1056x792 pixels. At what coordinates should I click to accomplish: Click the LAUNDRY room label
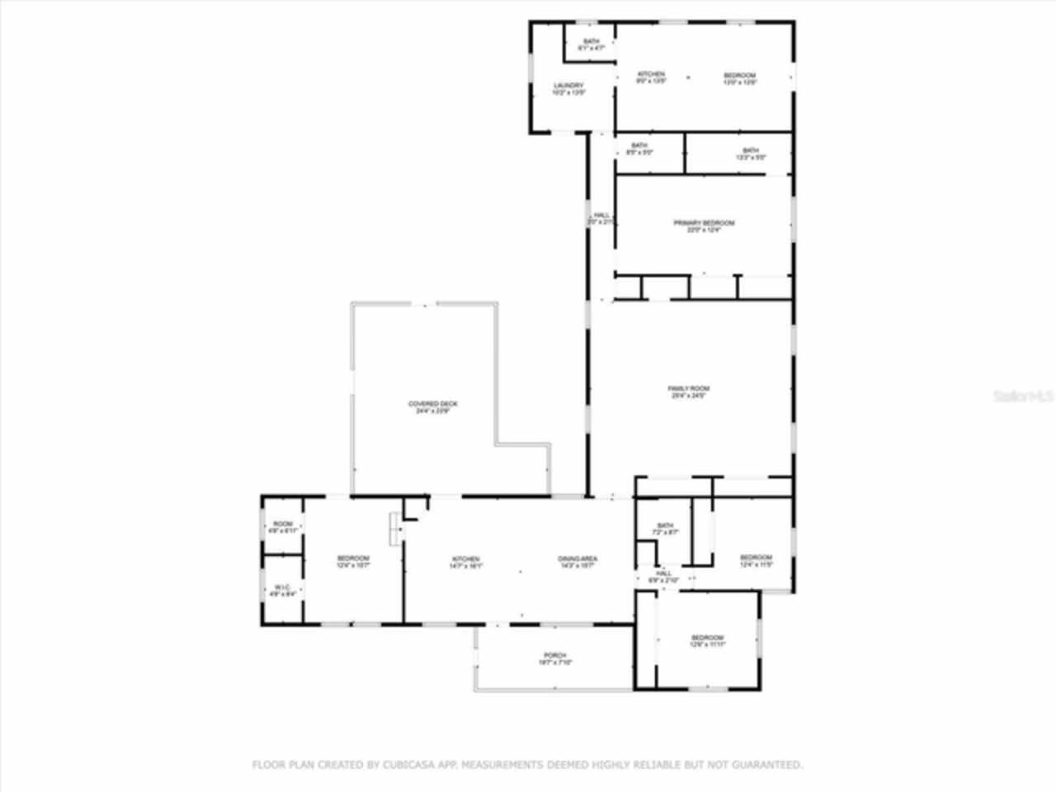point(568,86)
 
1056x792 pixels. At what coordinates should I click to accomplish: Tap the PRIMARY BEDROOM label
point(704,223)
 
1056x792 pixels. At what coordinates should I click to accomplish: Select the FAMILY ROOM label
point(688,389)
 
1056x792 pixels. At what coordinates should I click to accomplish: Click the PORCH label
point(554,655)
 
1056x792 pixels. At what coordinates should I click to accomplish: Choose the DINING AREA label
point(577,559)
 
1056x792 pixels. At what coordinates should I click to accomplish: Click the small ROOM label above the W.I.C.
point(283,524)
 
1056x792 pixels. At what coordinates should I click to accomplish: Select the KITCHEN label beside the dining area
point(465,559)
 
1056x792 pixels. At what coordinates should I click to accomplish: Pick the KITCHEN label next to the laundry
point(651,75)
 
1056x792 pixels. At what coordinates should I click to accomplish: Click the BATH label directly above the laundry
point(591,42)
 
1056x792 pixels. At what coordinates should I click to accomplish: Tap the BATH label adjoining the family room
point(665,526)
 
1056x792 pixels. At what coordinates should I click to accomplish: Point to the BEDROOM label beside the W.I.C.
point(353,559)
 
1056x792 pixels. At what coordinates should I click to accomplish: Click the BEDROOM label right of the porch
point(707,638)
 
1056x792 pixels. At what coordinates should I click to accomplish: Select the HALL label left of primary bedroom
point(601,215)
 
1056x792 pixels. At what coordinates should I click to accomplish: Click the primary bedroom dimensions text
point(704,231)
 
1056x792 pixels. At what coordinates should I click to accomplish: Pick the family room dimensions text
point(688,396)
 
